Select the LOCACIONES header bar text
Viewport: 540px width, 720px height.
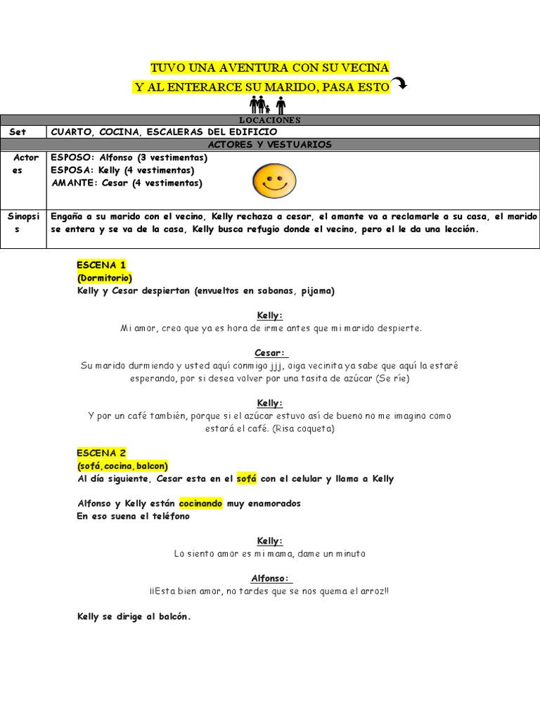pos(269,120)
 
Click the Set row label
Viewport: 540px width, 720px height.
pos(18,131)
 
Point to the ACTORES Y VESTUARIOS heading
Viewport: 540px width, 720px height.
pos(269,144)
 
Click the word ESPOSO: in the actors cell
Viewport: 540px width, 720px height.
pos(72,157)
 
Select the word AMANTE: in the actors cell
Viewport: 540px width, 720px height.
pos(75,183)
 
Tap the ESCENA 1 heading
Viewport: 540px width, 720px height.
pos(102,265)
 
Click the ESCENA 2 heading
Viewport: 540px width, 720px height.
pos(102,454)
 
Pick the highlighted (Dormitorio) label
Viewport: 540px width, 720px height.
pos(105,278)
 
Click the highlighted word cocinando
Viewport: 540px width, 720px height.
pos(200,503)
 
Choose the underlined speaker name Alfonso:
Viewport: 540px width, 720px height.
pos(270,579)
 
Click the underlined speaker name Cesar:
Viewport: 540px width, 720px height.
pos(271,353)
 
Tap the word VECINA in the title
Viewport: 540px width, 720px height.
pos(364,67)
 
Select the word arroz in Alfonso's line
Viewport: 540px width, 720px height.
pos(370,591)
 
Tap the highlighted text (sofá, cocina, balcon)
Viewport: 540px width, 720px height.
pos(122,466)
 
